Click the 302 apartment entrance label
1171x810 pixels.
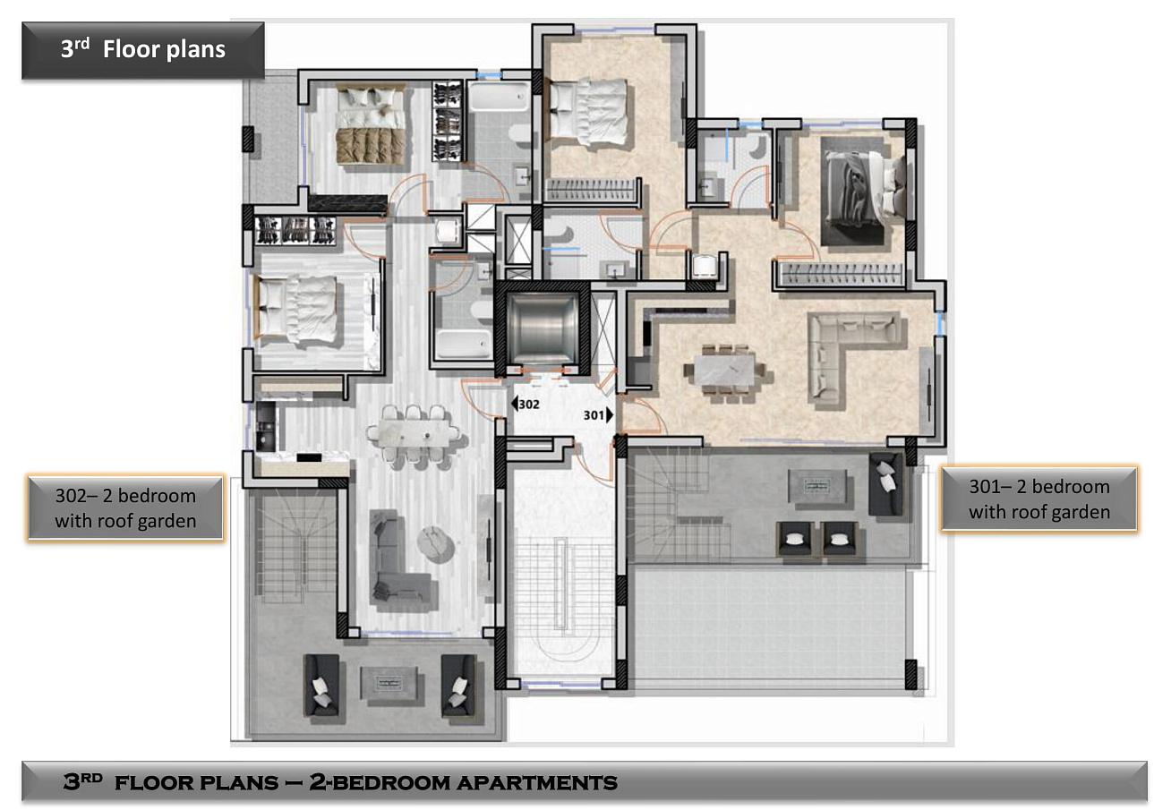coord(526,404)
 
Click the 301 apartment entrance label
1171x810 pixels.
coord(598,415)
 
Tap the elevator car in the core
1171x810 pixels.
coord(543,328)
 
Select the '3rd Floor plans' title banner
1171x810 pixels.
coord(142,50)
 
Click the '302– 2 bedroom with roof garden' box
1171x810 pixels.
coord(125,508)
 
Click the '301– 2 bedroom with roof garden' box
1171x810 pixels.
coord(1039,499)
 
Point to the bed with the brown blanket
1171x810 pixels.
coord(371,126)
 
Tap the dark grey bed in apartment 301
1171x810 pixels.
coord(863,191)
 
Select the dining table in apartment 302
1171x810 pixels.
coord(413,433)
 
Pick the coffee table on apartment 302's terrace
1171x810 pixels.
coord(388,684)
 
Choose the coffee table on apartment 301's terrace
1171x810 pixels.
coord(817,487)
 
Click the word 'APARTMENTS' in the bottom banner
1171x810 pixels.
coord(537,783)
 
